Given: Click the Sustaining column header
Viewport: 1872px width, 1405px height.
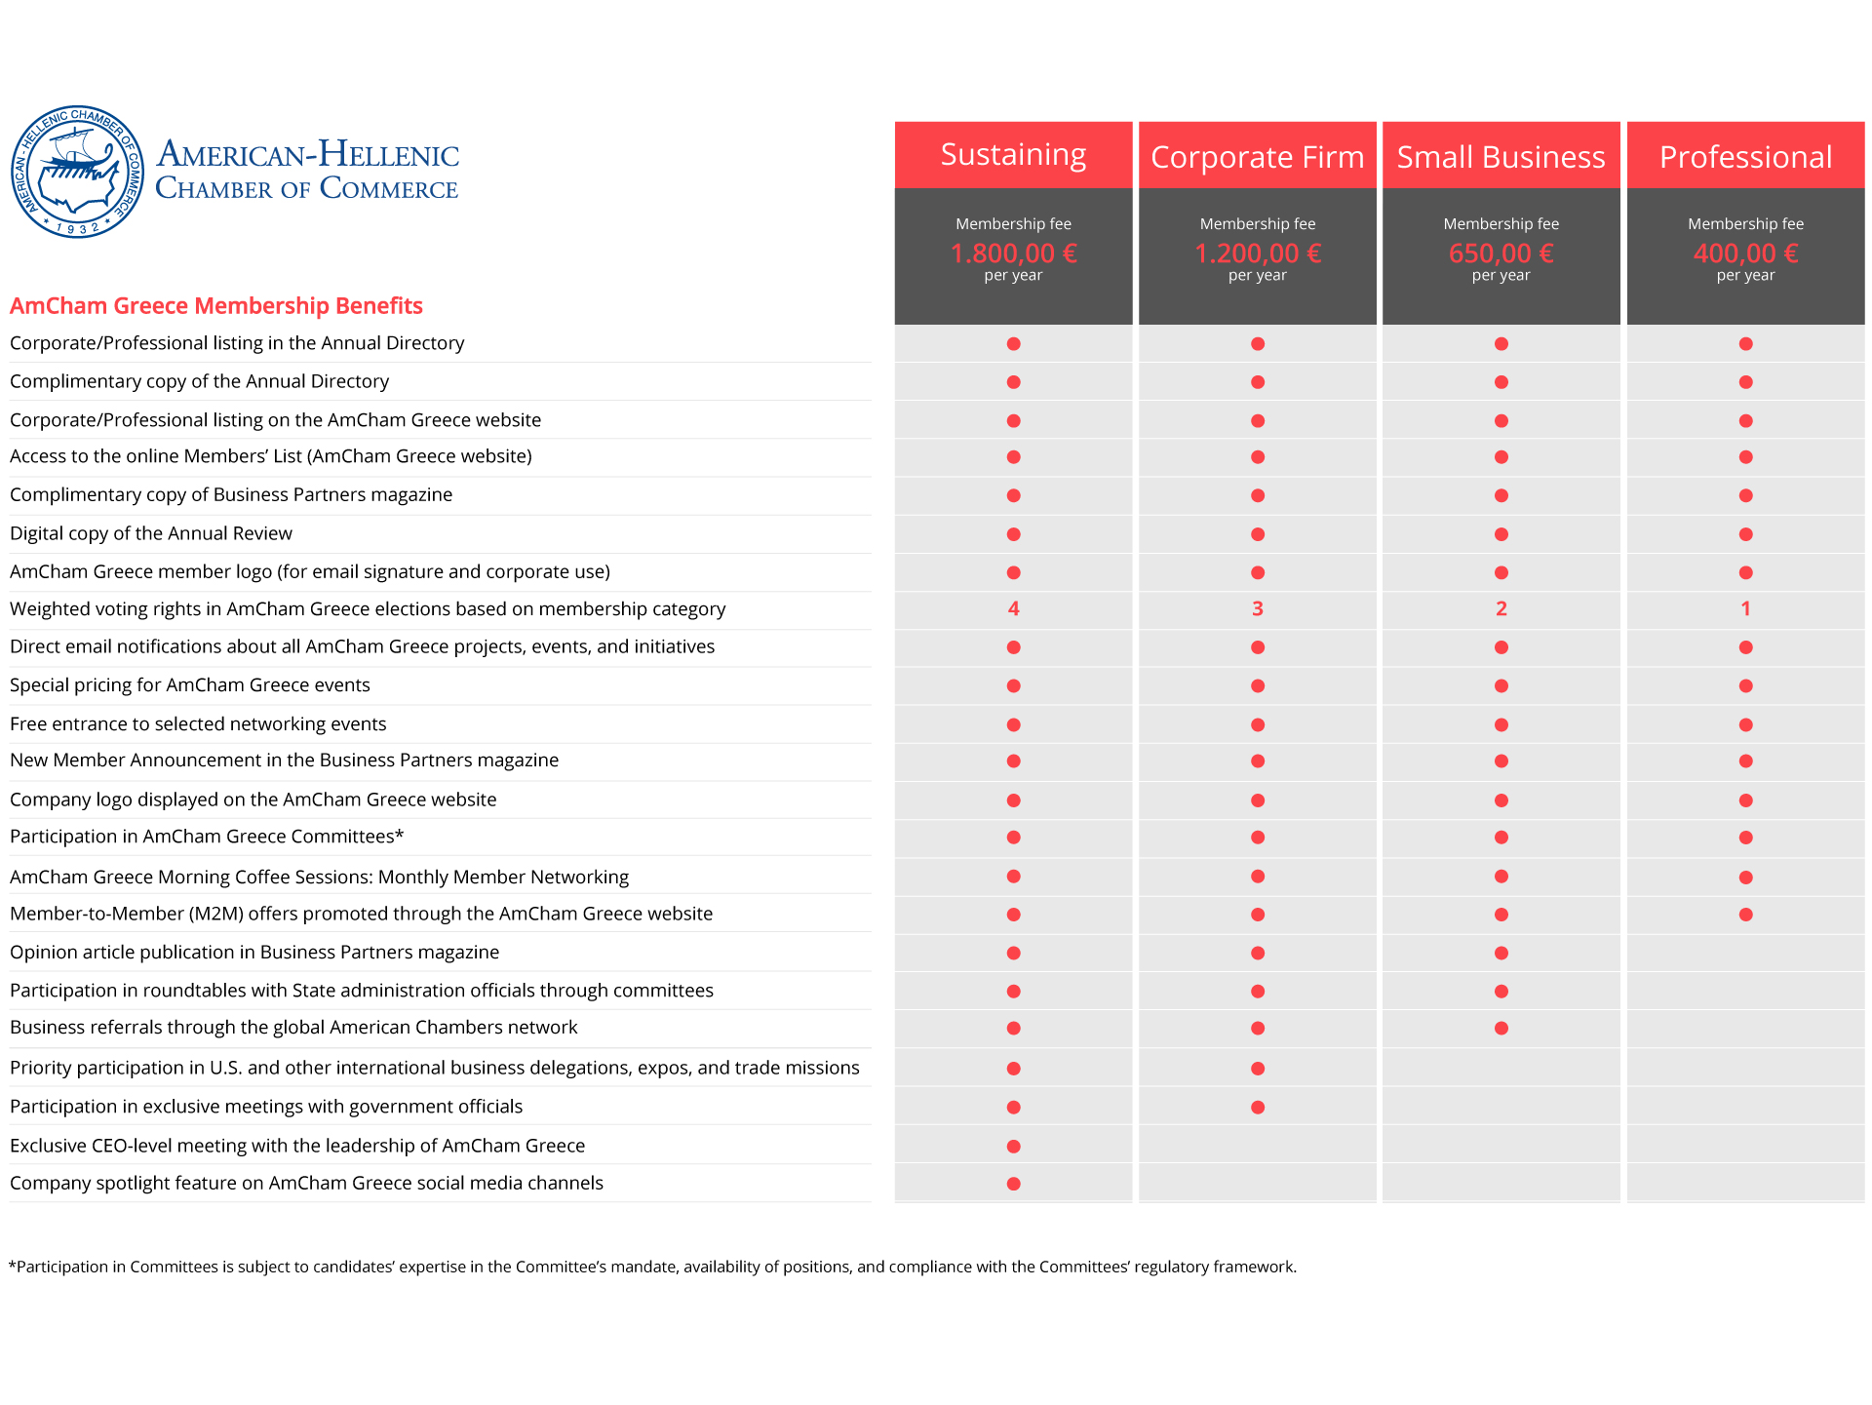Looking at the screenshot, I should point(1013,155).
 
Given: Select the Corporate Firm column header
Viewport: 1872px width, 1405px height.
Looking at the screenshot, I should point(1257,157).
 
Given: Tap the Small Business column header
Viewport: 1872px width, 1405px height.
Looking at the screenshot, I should point(1501,157).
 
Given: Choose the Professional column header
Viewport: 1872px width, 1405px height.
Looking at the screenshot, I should point(1745,157).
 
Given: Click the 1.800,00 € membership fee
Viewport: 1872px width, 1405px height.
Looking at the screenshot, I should point(1013,254).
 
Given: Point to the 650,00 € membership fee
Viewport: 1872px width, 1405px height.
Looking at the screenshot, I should point(1501,254).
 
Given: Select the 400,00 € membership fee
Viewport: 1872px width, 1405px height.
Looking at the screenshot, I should point(1745,254).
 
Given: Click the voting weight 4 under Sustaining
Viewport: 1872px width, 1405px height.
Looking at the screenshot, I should point(1013,608).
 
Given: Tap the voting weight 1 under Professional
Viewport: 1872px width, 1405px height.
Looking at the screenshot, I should point(1745,608).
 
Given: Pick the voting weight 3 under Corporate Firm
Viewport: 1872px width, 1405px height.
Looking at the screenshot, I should point(1257,608).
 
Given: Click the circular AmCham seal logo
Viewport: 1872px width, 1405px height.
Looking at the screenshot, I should point(77,172).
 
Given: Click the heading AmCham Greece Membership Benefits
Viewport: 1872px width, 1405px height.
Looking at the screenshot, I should point(216,306).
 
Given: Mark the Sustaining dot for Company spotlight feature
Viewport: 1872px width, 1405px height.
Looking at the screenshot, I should point(1013,1184).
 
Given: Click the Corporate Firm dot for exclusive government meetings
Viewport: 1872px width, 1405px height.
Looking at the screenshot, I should point(1257,1108).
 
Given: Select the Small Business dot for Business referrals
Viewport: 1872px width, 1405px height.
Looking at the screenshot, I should point(1501,1029).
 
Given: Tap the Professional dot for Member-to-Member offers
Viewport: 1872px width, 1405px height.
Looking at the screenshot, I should point(1745,915).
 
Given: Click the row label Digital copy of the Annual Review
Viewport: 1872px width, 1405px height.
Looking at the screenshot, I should point(151,533).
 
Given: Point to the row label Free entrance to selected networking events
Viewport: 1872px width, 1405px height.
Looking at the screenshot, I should point(198,723).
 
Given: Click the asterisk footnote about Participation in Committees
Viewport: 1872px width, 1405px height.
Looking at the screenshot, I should point(652,1267).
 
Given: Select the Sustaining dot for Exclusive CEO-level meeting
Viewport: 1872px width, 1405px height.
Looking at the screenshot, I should point(1013,1147).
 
